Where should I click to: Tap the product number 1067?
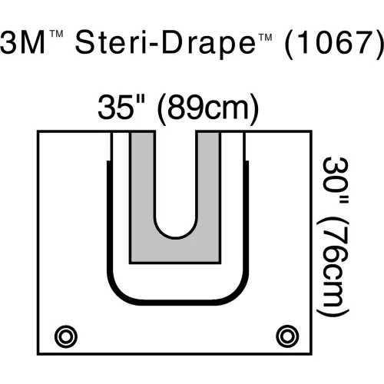[x=335, y=43]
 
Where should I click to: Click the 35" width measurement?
[x=121, y=107]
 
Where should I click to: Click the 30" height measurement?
[x=336, y=180]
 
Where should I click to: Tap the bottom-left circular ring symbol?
[x=66, y=336]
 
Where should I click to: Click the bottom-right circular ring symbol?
[x=287, y=336]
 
